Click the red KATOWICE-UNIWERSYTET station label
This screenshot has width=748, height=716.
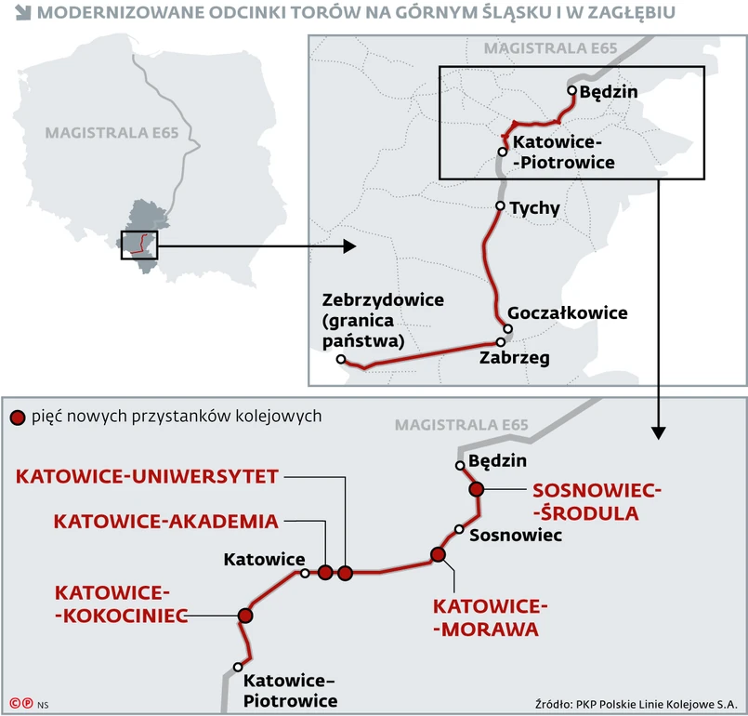148,477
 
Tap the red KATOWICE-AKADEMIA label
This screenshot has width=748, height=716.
166,521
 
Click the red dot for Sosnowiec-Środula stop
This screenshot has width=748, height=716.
477,489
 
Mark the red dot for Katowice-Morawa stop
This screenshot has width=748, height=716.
439,555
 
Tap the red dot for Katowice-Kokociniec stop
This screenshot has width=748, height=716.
245,615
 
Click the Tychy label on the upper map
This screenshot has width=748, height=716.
535,208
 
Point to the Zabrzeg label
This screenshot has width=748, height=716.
514,357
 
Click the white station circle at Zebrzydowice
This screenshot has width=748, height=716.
341,360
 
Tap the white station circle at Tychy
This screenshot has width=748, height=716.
501,206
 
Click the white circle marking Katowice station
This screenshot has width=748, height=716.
305,574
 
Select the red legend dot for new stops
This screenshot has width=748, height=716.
16,417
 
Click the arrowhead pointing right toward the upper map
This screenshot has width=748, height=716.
348,246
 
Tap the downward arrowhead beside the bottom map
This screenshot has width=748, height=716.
658,431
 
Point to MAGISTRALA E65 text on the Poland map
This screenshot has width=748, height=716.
103,132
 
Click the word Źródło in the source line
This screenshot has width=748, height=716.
554,702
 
